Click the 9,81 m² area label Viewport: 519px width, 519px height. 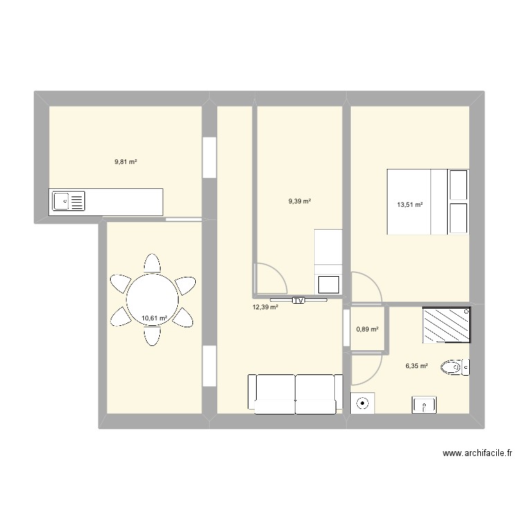pos(125,162)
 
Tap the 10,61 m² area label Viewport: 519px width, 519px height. pos(154,319)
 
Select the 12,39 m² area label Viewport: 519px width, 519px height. pos(265,307)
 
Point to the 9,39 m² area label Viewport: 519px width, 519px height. pos(300,201)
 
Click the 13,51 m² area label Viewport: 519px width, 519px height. pos(410,204)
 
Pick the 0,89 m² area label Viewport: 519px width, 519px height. pos(367,329)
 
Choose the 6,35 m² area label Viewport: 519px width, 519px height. pos(417,367)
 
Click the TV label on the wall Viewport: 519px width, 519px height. pos(298,300)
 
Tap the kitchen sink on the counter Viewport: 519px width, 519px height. pos(68,201)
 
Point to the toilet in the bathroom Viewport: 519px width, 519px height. pos(455,366)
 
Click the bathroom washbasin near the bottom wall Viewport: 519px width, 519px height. pos(424,404)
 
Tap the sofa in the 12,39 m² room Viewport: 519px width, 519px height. pos(295,394)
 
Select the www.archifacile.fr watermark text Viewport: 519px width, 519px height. pos(477,454)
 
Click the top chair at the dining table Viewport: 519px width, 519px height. pos(153,264)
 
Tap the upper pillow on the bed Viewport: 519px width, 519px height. pos(458,184)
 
